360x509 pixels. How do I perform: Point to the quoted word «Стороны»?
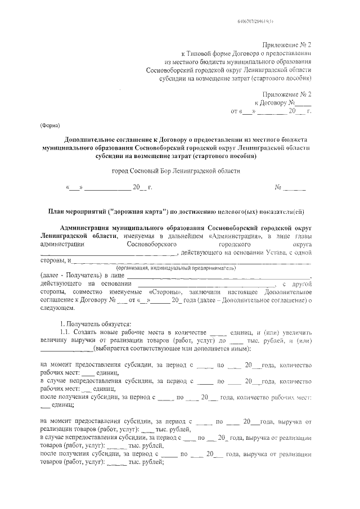[x=167, y=293]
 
